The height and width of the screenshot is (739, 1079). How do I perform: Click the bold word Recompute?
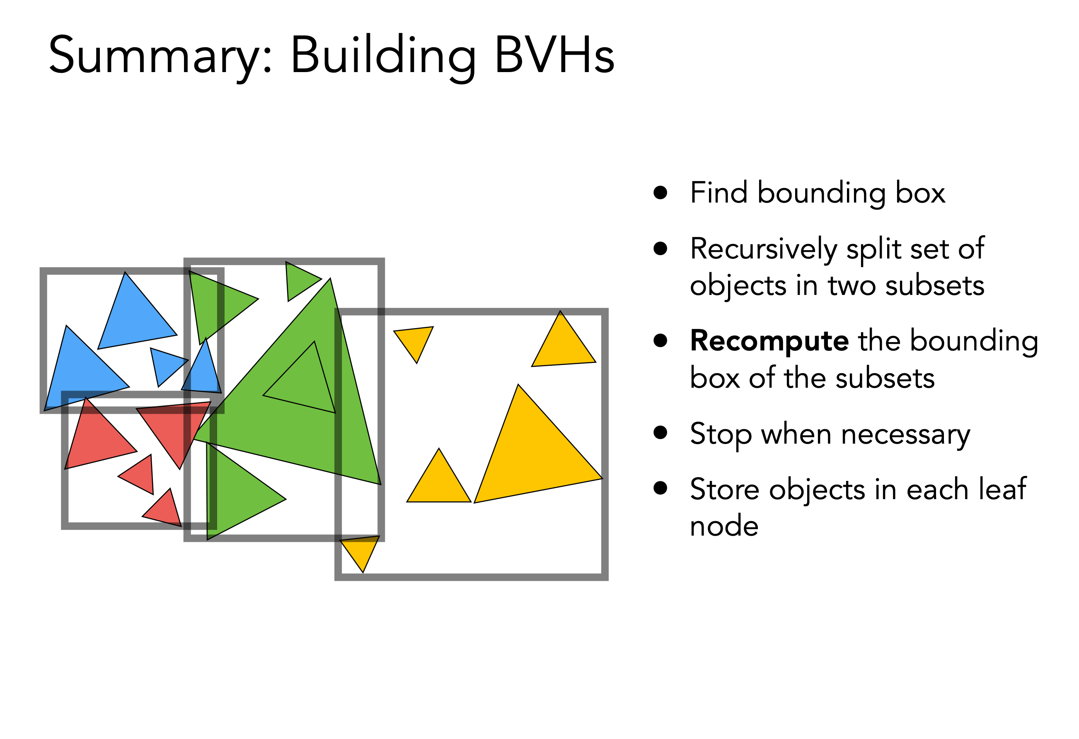coord(769,342)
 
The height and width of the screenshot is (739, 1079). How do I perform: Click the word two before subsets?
coord(852,285)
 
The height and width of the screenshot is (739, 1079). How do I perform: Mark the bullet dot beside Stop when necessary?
coord(660,432)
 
